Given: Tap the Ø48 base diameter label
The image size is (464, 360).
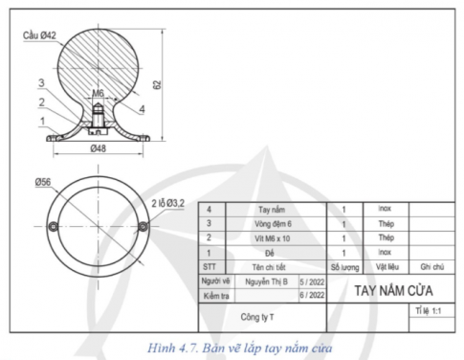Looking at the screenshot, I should click(98, 150).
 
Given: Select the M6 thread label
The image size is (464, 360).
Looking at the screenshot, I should click(99, 94).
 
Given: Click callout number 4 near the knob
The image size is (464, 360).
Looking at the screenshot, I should click(143, 109).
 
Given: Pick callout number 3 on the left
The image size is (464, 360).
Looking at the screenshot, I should click(42, 83).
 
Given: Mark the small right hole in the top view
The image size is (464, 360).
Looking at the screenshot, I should click(143, 226).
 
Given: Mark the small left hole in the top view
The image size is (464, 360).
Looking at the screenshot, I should click(55, 226).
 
